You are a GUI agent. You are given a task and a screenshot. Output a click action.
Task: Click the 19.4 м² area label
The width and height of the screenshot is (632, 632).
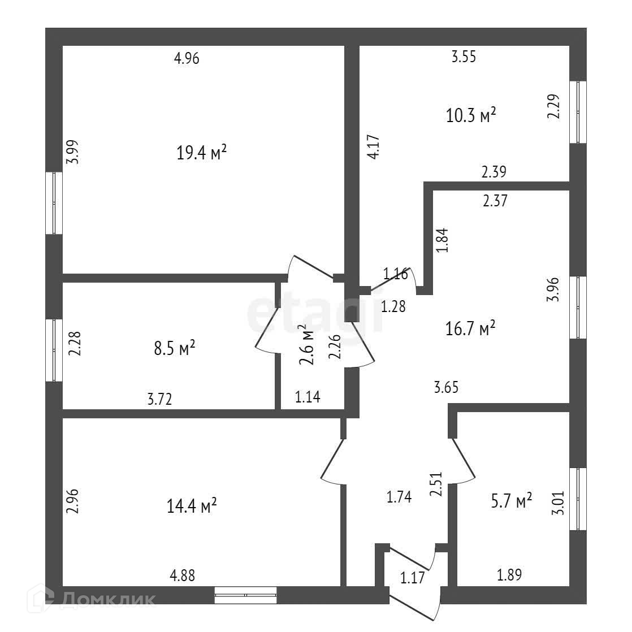click(202, 153)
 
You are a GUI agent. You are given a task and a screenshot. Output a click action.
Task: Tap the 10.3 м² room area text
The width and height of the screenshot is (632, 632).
click(471, 116)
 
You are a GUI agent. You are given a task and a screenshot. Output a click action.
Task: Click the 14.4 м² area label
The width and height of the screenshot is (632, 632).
click(192, 505)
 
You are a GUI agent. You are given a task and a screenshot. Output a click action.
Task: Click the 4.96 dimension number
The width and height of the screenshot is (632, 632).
click(187, 58)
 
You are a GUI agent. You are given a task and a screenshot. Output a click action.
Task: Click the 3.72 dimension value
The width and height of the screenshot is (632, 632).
click(159, 399)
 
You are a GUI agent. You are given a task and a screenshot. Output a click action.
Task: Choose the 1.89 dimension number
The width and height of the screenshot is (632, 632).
click(509, 575)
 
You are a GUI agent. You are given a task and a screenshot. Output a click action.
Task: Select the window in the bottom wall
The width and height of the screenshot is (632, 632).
click(245, 595)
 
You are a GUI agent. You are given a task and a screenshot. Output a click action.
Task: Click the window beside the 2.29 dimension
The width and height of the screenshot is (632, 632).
click(578, 112)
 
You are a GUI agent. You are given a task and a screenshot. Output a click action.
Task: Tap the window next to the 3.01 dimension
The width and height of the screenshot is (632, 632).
click(578, 499)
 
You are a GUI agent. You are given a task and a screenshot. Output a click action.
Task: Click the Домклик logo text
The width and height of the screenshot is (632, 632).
click(107, 599)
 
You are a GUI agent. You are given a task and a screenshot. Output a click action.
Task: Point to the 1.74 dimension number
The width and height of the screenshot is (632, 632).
click(399, 497)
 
